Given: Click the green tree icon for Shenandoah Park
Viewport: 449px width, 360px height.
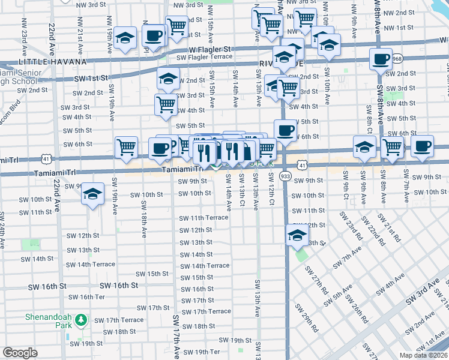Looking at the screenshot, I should coord(82,322).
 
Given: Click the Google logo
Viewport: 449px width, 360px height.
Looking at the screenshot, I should coord(20,353).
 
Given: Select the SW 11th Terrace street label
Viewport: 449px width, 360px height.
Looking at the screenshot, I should coord(203,218).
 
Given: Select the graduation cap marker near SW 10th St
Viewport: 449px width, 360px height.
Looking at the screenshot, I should coord(92,194).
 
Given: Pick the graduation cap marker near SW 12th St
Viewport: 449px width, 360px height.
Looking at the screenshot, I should coord(297,236).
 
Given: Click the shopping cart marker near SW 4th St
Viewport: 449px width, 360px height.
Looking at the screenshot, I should coord(166,104).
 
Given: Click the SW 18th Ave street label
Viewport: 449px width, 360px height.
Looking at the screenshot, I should coord(144,218).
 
